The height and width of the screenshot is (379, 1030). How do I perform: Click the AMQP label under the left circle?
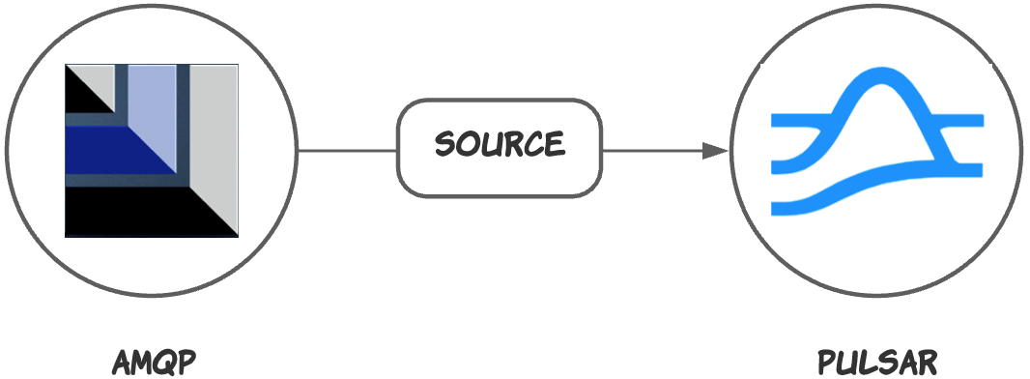pyautogui.click(x=155, y=363)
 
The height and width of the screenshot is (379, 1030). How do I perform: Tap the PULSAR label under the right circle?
pyautogui.click(x=877, y=363)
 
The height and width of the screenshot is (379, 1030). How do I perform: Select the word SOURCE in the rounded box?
pyautogui.click(x=500, y=145)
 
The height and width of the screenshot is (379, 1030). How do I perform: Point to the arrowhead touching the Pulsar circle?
pyautogui.click(x=715, y=151)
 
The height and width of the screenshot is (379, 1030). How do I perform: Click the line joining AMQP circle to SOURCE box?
pyautogui.click(x=348, y=151)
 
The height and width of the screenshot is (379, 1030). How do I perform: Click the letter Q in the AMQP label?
pyautogui.click(x=166, y=364)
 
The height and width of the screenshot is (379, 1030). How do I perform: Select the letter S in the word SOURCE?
pyautogui.click(x=445, y=145)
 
